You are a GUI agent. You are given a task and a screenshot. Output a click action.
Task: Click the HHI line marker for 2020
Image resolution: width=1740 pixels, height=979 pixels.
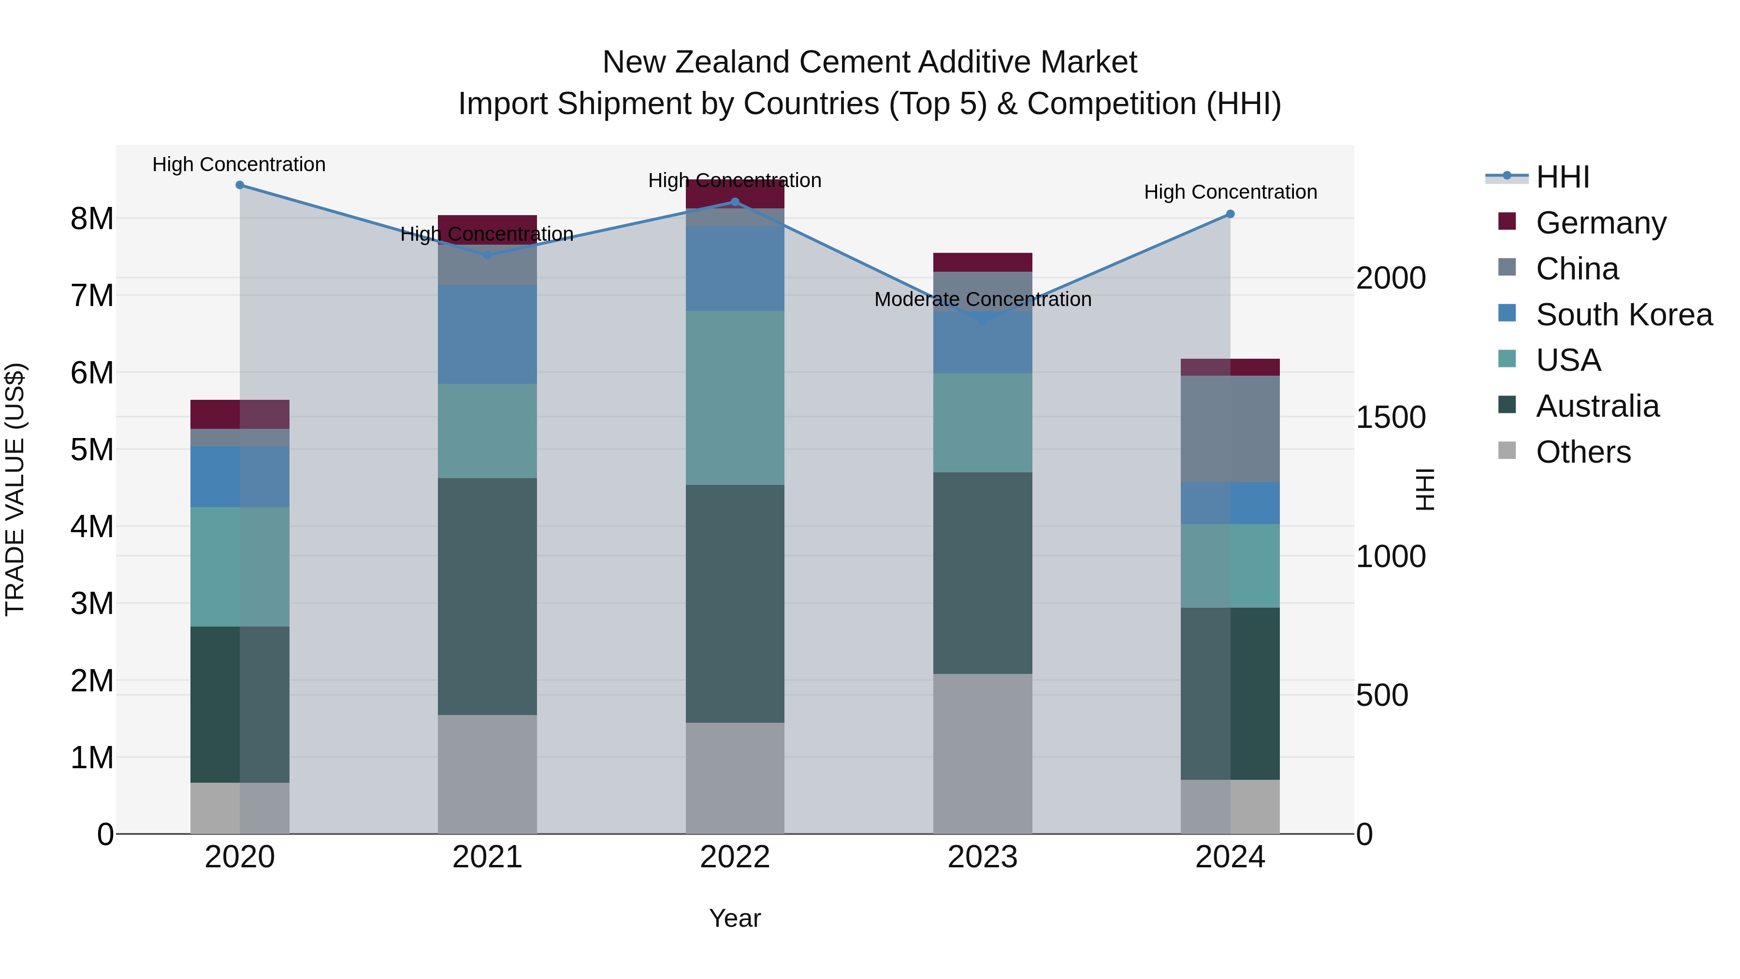tap(240, 185)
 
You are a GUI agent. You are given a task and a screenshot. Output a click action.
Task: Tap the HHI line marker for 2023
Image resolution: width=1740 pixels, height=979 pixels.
tap(983, 320)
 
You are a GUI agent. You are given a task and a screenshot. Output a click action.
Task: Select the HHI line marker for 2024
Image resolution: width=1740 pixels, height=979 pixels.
tap(1230, 214)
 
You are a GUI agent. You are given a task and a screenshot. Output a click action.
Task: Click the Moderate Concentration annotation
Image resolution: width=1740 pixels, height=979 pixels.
tap(983, 299)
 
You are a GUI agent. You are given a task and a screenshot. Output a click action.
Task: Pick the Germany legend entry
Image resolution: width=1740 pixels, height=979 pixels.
tap(1600, 223)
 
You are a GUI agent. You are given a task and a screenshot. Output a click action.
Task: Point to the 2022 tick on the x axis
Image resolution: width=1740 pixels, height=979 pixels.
tap(735, 857)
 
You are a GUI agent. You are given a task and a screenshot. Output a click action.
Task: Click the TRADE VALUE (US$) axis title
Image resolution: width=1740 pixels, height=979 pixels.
tap(15, 489)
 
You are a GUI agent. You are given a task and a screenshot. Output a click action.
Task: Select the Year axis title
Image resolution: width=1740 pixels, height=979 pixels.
tap(735, 918)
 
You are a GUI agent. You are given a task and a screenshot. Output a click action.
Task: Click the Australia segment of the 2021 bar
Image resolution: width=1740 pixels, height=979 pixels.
tap(487, 596)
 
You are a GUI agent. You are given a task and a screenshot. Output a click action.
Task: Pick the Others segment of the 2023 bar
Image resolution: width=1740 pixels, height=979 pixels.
tap(983, 753)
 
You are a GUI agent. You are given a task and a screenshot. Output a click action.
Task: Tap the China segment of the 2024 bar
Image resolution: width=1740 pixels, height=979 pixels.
tap(1230, 429)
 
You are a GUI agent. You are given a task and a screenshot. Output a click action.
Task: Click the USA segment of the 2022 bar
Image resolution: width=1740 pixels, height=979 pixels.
tap(735, 397)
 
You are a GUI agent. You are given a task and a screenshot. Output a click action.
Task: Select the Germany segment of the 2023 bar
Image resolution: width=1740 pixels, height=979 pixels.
tap(983, 262)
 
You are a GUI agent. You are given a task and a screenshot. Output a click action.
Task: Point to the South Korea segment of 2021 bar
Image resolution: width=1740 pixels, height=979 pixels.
tap(487, 335)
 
